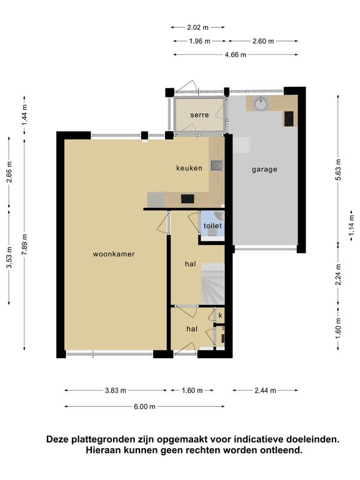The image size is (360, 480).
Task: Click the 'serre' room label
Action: coord(199,115)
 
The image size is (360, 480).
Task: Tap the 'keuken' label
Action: coord(189,167)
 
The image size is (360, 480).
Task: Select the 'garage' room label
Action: coord(264,169)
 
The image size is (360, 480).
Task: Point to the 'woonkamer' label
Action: coord(114,254)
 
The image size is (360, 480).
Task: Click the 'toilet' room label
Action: coord(212,226)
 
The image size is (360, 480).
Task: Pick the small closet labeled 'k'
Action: coord(220,315)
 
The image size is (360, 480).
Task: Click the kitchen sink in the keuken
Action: coord(217,166)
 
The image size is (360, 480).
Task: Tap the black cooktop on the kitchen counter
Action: coord(187,199)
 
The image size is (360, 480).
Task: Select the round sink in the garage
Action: coord(261,103)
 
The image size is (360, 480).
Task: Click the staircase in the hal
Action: coord(213,284)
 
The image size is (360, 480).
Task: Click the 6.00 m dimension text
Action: coord(144,406)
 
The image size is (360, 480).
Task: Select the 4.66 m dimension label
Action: coord(236,55)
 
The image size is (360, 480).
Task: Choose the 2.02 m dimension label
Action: coord(197,27)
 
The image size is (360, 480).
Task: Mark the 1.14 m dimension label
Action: coord(351,226)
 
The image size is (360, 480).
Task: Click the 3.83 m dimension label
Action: coord(116,390)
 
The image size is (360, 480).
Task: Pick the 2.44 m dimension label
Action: coord(266,390)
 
